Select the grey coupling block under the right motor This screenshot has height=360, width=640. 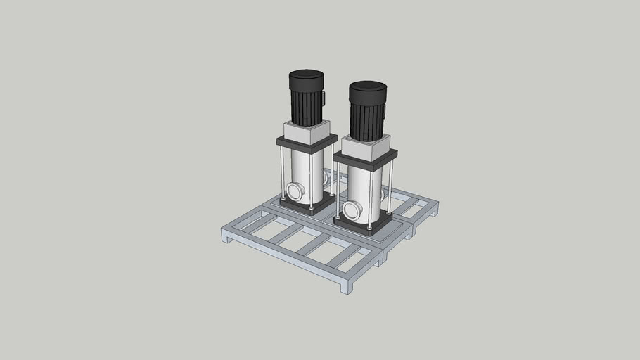[366, 148]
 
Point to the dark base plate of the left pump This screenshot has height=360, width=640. [307, 205]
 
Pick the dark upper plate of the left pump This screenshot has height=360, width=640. [306, 143]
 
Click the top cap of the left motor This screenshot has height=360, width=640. [306, 75]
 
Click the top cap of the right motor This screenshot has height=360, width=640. [368, 88]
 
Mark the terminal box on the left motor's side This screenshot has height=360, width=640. [324, 98]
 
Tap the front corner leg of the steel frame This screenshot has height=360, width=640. [345, 287]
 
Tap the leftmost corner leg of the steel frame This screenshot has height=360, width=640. [226, 236]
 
